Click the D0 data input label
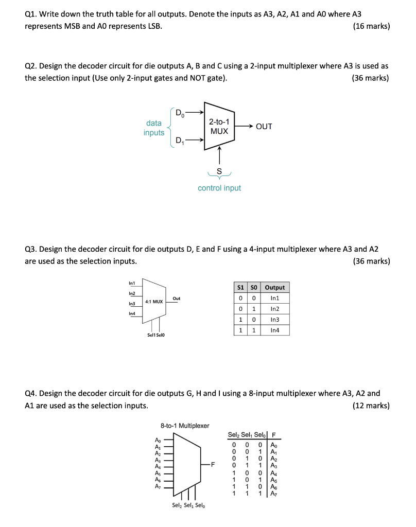click(179, 112)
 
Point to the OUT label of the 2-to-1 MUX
click(264, 127)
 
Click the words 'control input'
click(219, 188)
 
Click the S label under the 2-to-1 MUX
click(219, 170)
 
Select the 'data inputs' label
click(154, 128)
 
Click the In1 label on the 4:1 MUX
click(132, 282)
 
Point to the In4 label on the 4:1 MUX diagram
click(132, 313)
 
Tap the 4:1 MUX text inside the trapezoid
click(154, 301)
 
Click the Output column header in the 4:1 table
click(274, 287)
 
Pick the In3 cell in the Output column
click(274, 320)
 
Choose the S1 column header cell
click(240, 287)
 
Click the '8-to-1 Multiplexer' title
click(185, 426)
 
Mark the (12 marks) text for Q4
click(371, 406)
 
